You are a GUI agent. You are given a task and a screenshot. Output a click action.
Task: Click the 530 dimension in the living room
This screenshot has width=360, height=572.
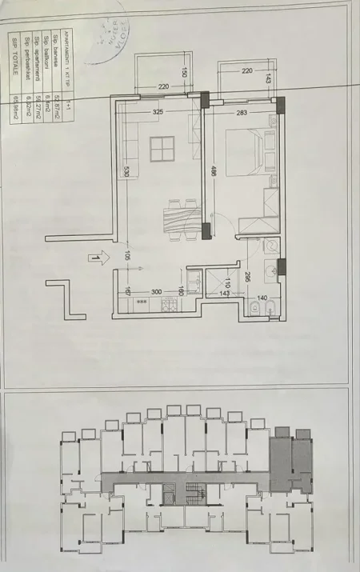coord(126,172)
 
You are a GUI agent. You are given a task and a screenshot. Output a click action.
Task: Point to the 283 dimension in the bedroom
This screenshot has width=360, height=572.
coord(242,113)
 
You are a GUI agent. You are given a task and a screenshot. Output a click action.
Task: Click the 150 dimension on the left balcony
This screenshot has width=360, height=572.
coord(186,72)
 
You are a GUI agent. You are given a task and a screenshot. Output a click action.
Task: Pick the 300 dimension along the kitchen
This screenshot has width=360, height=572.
coord(156,292)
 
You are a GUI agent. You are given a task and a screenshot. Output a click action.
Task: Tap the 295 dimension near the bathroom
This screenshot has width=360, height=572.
coord(250,277)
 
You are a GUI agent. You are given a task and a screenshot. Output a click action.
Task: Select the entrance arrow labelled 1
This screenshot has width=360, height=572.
coord(95,258)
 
